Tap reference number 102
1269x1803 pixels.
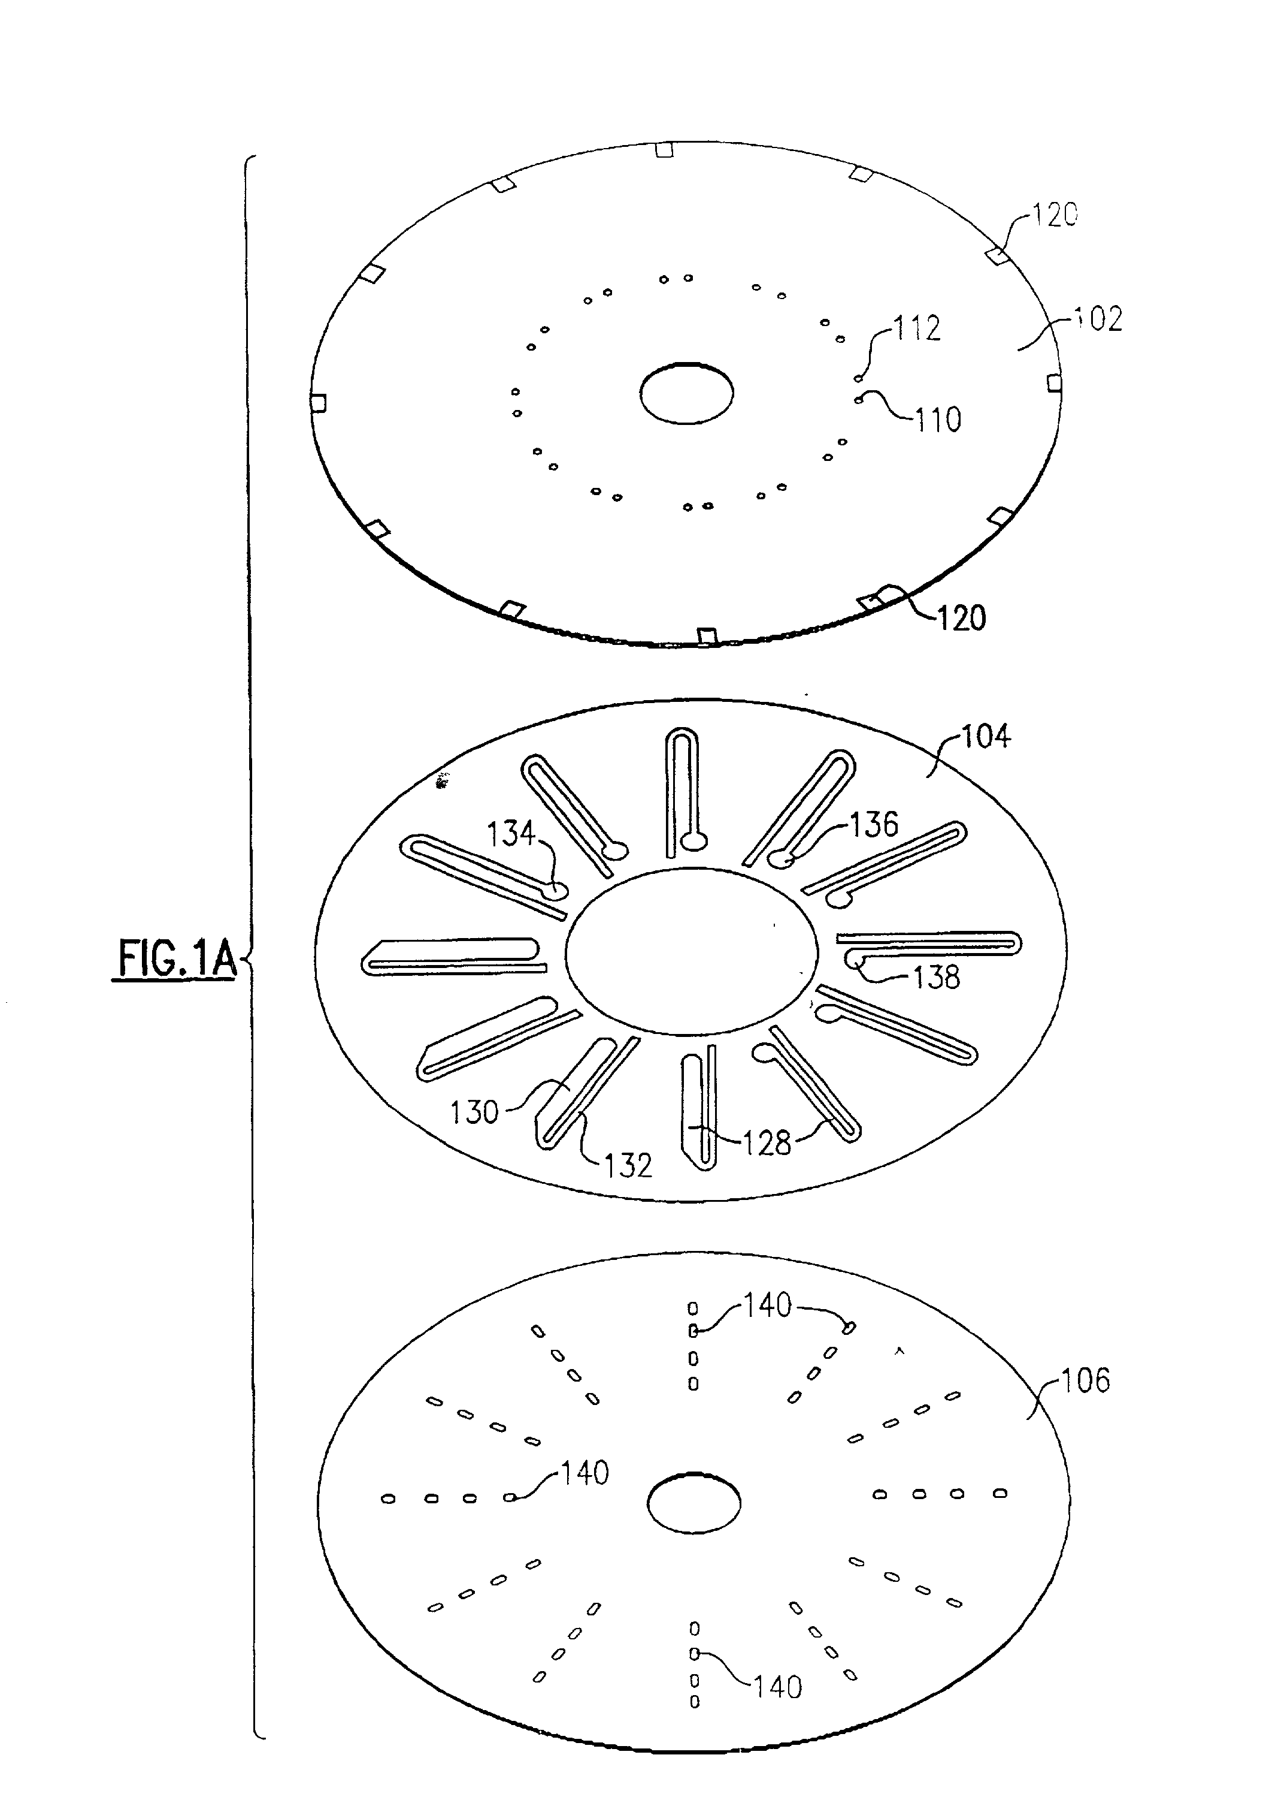tap(1098, 319)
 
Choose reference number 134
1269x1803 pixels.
tap(511, 833)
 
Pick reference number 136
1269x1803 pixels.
tap(874, 825)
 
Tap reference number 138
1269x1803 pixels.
tap(936, 977)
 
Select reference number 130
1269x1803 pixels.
tap(474, 1112)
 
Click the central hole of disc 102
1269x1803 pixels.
tap(687, 393)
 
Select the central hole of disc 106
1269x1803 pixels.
tap(693, 1503)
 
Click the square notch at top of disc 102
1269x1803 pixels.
tap(664, 149)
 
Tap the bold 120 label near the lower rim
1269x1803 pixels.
tap(961, 619)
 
